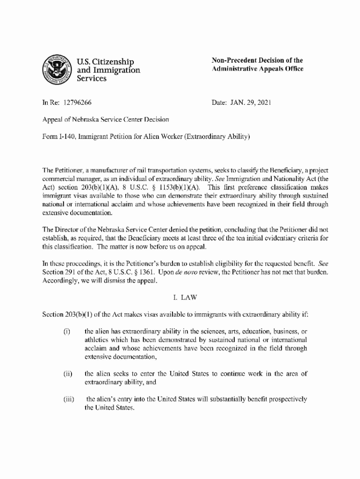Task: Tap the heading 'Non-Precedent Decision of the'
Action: pos(257,60)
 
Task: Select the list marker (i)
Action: pos(66,332)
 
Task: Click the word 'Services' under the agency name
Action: pos(91,79)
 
